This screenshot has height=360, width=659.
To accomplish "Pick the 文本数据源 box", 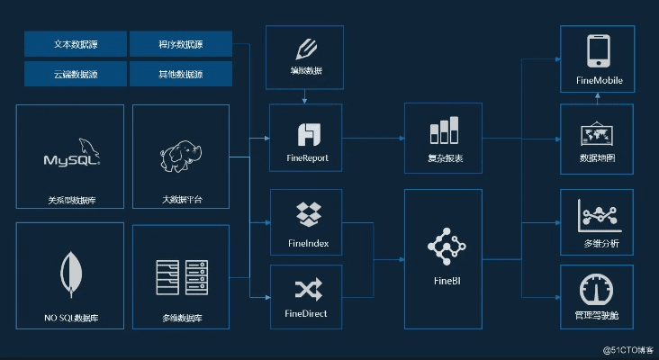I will pos(75,43).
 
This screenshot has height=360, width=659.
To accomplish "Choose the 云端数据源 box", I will pos(75,73).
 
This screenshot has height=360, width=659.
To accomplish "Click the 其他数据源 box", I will pos(180,73).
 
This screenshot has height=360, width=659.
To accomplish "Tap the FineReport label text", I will pos(306,158).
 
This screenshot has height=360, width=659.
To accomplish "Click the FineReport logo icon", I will pos(307,134).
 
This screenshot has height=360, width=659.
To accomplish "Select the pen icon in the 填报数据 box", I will pos(306,48).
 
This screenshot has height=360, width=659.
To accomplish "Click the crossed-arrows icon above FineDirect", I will pos(307,289).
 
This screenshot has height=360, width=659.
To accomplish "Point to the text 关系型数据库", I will pos(71,201).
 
